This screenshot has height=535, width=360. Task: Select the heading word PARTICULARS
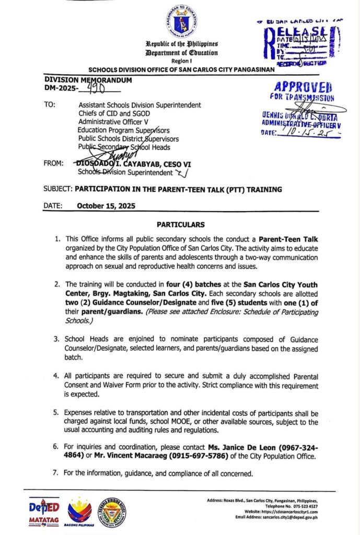(180, 225)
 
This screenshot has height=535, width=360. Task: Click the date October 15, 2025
(106, 206)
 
